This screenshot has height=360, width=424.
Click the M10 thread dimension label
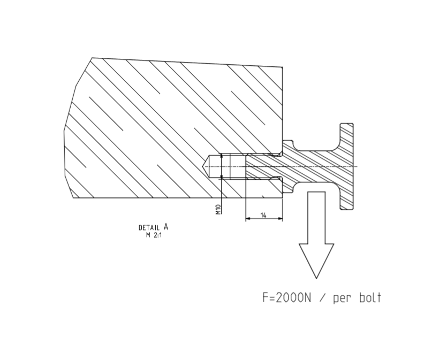point(218,209)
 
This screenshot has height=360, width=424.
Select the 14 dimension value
point(264,215)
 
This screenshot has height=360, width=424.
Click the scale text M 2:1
point(153,235)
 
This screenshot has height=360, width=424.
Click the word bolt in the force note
point(369,297)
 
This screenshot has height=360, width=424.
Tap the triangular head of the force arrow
point(316,260)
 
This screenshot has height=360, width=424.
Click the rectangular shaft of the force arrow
point(316,217)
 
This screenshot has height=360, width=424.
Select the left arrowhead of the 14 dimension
point(248,219)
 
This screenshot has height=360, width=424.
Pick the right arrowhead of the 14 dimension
point(280,219)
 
